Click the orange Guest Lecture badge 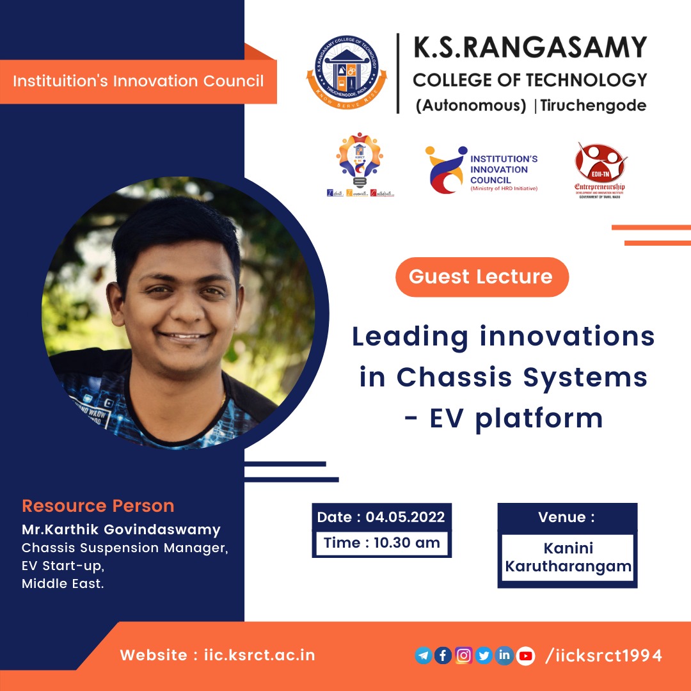pyautogui.click(x=481, y=277)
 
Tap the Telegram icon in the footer pyautogui.click(x=424, y=656)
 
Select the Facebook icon pyautogui.click(x=443, y=656)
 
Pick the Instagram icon pyautogui.click(x=463, y=656)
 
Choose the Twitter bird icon pyautogui.click(x=484, y=656)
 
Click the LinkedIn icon pyautogui.click(x=504, y=656)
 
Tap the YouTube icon pyautogui.click(x=525, y=656)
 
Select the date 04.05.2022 pyautogui.click(x=405, y=517)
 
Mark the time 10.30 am pyautogui.click(x=407, y=543)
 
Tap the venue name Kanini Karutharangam pyautogui.click(x=568, y=558)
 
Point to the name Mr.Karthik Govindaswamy pyautogui.click(x=121, y=530)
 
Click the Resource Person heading pyautogui.click(x=98, y=506)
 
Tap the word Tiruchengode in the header pyautogui.click(x=593, y=106)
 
